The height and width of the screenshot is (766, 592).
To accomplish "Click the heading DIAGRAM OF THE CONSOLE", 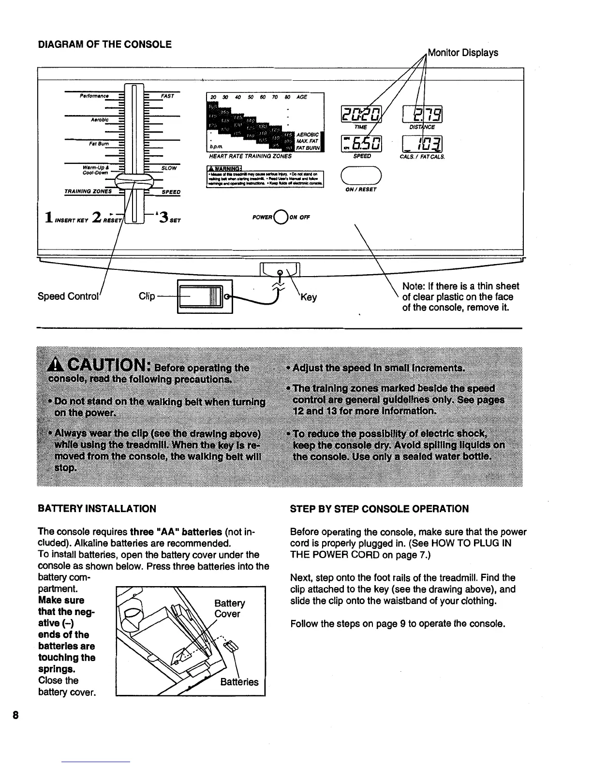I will coord(104,44).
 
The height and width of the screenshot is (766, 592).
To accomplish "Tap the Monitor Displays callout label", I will coord(463,52).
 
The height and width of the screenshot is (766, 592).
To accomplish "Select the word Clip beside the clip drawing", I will coord(147,296).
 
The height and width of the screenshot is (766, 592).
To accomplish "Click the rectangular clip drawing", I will coord(205,296).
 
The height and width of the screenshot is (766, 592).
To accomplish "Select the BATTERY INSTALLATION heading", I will coord(97,509).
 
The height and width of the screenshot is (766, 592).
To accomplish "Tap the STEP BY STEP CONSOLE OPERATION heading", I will coord(379,509).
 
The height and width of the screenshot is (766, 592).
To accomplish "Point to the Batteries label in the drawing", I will coord(239,682).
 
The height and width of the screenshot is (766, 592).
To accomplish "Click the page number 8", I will coord(16,715).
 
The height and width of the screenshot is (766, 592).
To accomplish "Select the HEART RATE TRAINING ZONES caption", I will coord(250,156).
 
